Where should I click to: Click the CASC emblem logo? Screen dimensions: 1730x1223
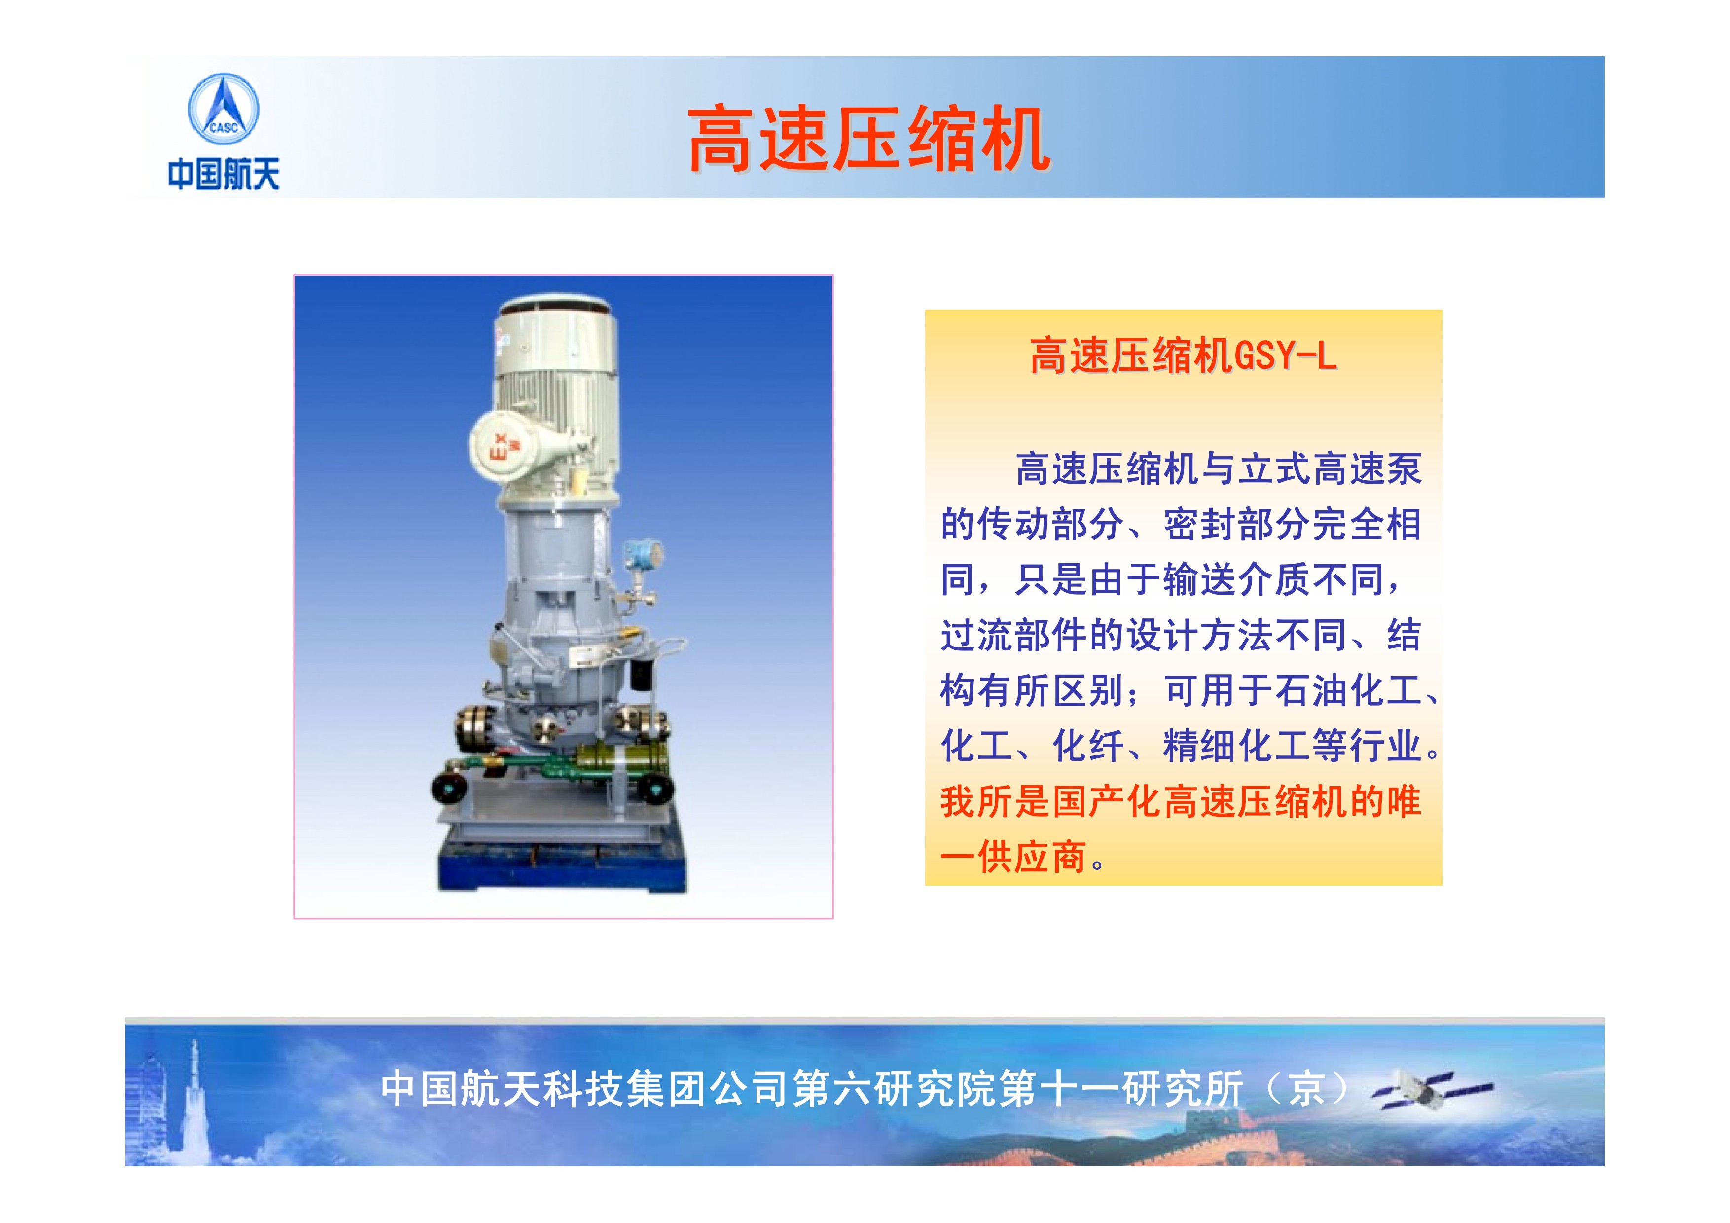click(x=223, y=109)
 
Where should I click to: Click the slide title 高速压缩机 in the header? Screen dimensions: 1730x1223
click(x=869, y=140)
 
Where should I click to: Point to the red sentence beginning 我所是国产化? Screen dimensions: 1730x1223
click(x=1181, y=829)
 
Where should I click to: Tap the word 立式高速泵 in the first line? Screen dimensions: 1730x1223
click(x=1330, y=468)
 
